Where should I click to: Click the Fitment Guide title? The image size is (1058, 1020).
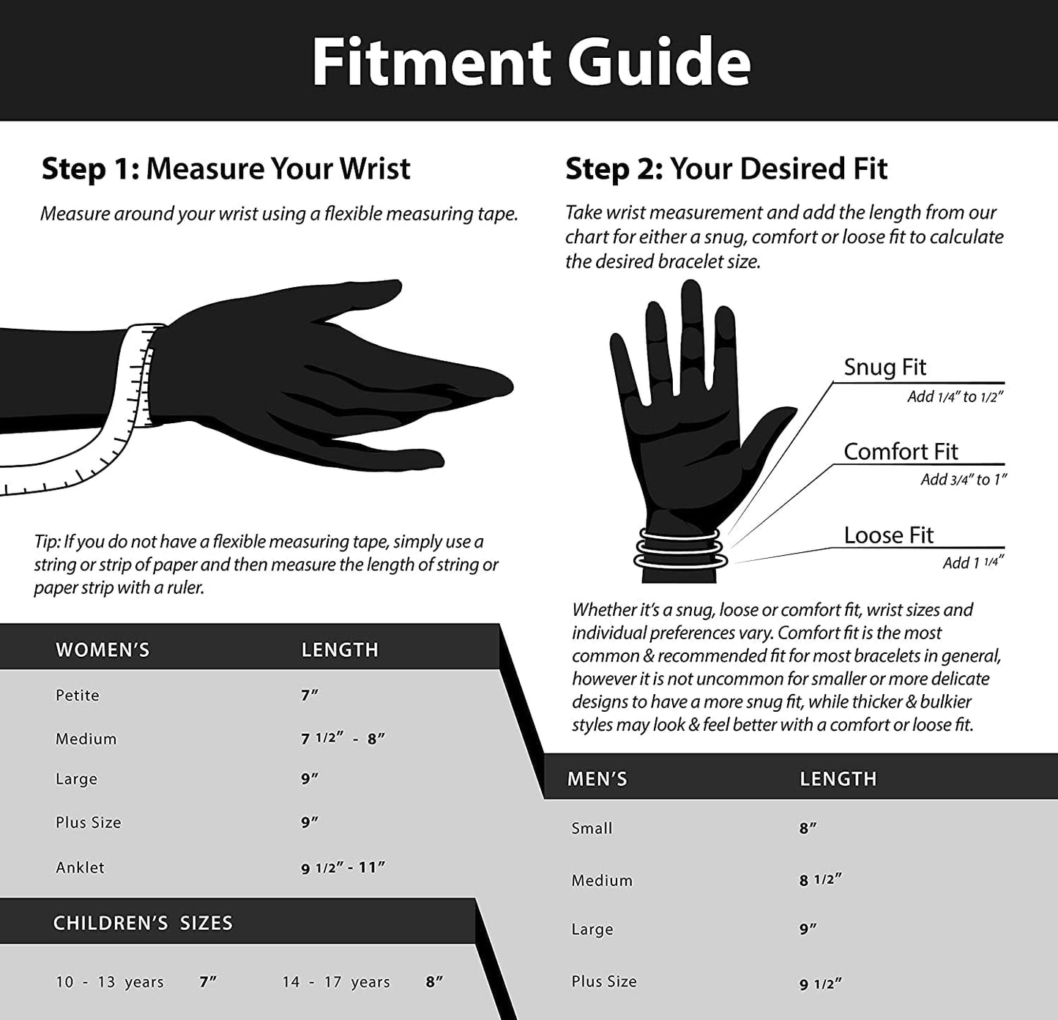pyautogui.click(x=531, y=61)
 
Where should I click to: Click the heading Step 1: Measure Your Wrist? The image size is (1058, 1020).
pyautogui.click(x=226, y=168)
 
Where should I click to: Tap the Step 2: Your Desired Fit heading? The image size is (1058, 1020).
pyautogui.click(x=726, y=168)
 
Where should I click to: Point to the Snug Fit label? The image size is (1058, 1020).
pyautogui.click(x=884, y=367)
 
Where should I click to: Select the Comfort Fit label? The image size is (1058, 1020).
pyautogui.click(x=901, y=451)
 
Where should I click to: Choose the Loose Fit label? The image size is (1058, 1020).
pyautogui.click(x=888, y=535)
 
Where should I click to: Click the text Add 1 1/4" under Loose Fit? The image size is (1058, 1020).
pyautogui.click(x=973, y=562)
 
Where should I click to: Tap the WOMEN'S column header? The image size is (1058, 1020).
pyautogui.click(x=103, y=649)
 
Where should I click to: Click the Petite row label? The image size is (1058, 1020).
pyautogui.click(x=77, y=695)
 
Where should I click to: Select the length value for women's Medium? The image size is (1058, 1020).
pyautogui.click(x=343, y=738)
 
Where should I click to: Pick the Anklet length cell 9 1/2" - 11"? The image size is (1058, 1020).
pyautogui.click(x=343, y=867)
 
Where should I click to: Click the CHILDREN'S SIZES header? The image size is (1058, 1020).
pyautogui.click(x=143, y=923)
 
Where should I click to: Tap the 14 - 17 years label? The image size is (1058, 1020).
pyautogui.click(x=336, y=982)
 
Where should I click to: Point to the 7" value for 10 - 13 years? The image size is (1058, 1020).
pyautogui.click(x=208, y=982)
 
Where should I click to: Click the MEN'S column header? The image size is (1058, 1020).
pyautogui.click(x=597, y=778)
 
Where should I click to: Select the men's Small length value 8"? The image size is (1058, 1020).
pyautogui.click(x=808, y=828)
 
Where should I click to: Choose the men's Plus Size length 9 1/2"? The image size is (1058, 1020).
pyautogui.click(x=821, y=984)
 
